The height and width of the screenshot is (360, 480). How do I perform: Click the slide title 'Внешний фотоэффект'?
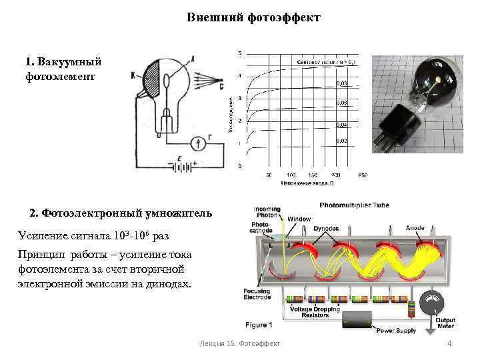point(253,17)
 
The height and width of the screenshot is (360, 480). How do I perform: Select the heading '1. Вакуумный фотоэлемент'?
point(63,69)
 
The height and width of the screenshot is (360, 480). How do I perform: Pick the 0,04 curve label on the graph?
point(341,125)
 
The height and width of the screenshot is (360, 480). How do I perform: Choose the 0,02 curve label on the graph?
point(341,141)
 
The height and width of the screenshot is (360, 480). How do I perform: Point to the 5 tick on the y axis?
point(240,53)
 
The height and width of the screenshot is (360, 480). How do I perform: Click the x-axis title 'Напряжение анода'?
point(307,182)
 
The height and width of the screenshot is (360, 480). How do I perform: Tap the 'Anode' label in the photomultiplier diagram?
point(415,228)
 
